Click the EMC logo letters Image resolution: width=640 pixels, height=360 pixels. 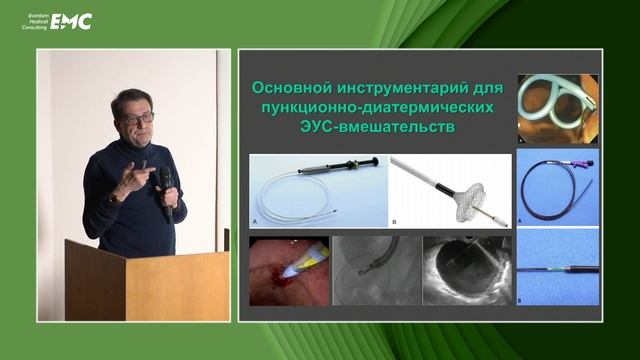71,21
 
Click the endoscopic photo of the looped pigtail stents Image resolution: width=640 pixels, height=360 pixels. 557,109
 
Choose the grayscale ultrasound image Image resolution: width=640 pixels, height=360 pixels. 466,269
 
